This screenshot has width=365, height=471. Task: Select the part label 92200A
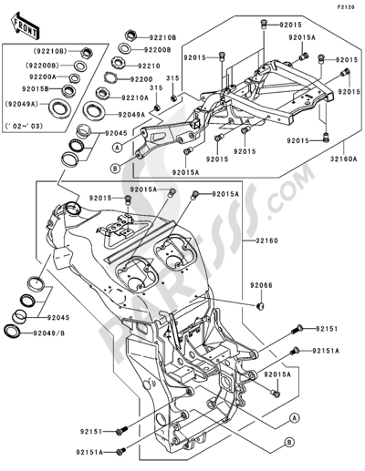point(42,78)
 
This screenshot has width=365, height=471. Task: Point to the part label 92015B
point(42,91)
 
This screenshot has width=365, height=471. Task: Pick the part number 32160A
point(342,156)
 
